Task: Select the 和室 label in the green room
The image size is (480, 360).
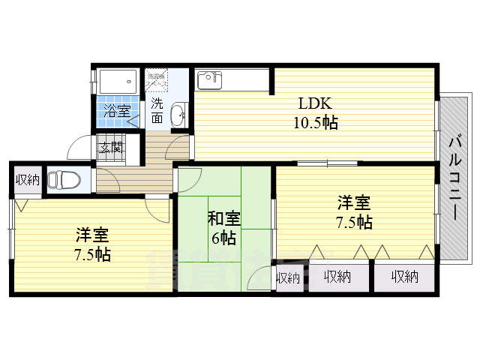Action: click(223, 220)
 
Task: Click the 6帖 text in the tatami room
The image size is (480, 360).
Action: click(223, 239)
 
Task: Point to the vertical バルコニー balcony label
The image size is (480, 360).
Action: click(455, 177)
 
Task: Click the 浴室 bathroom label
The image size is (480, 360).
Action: click(117, 111)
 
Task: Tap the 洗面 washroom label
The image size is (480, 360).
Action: click(157, 110)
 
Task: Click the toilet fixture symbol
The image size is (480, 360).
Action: click(64, 181)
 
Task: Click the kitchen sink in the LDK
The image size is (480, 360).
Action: click(208, 78)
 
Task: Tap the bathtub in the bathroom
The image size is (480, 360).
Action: click(117, 80)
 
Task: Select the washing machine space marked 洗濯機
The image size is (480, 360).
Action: click(156, 78)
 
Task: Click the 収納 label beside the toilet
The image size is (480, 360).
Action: click(28, 179)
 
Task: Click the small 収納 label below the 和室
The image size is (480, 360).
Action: click(288, 278)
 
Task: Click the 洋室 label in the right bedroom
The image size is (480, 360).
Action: click(354, 202)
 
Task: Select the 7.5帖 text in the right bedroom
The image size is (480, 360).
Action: click(354, 222)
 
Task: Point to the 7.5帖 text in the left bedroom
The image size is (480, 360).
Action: click(92, 254)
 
